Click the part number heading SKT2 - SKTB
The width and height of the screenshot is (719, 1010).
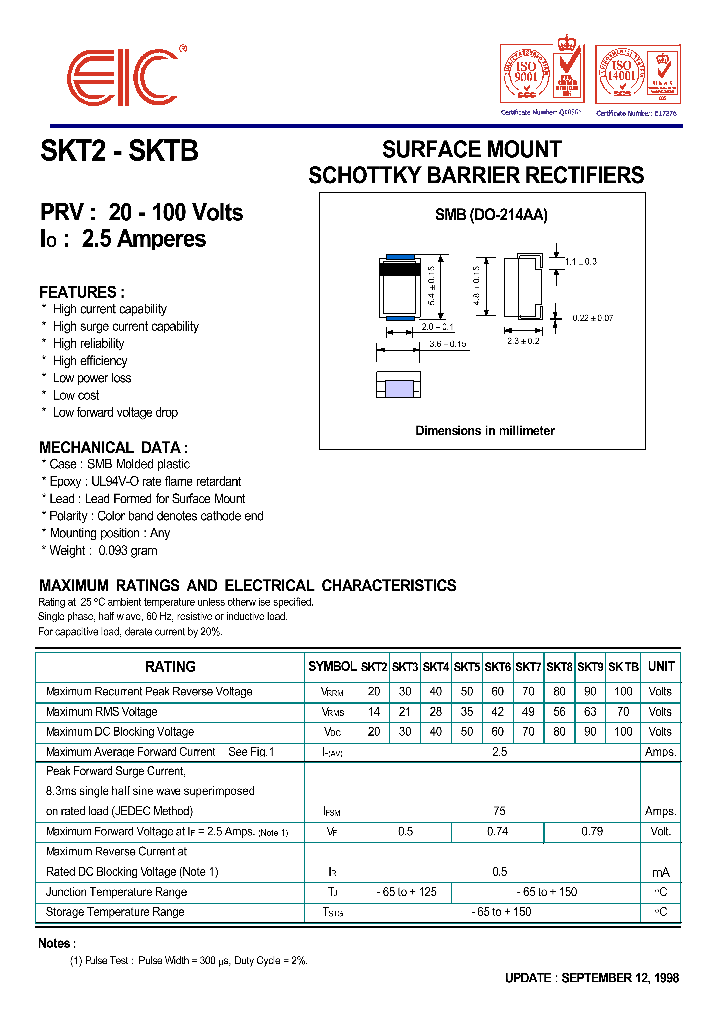[x=119, y=151]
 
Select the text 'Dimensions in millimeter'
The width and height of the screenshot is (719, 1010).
[x=484, y=431]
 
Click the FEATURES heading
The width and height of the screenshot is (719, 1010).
[x=82, y=292]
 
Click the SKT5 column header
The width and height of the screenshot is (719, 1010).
[x=467, y=666]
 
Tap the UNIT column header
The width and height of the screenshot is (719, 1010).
[x=660, y=666]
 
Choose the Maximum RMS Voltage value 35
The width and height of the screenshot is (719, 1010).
[x=467, y=712]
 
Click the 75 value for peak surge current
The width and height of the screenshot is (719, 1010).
[x=499, y=811]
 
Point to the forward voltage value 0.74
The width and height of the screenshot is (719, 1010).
[x=497, y=831]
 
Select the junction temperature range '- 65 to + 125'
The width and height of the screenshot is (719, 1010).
[x=405, y=892]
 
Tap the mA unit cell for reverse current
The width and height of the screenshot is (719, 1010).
[x=660, y=872]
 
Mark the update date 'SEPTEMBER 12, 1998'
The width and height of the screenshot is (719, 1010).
[x=620, y=978]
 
